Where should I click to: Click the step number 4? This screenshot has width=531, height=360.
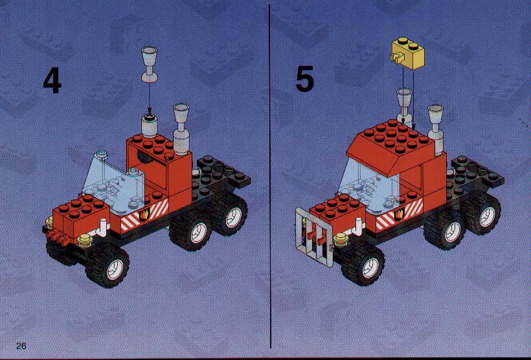coord(52,80)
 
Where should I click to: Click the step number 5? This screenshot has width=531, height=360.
coord(305,79)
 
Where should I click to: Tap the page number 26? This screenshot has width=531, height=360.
coord(21,346)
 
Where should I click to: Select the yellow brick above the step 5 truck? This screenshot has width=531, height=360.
coord(408,53)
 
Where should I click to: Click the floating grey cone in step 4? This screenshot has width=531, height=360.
coord(150,65)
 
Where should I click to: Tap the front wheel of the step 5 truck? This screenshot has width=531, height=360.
coord(363,263)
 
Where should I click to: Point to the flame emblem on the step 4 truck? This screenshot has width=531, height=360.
coord(144,214)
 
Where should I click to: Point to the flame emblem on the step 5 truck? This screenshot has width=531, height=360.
coord(399,214)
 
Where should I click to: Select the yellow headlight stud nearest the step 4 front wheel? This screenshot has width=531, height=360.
coord(85,241)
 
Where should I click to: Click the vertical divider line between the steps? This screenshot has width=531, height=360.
coord(270,176)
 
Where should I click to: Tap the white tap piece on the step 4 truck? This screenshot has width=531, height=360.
coord(102,227)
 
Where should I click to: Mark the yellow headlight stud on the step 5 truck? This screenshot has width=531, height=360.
coord(341,240)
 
